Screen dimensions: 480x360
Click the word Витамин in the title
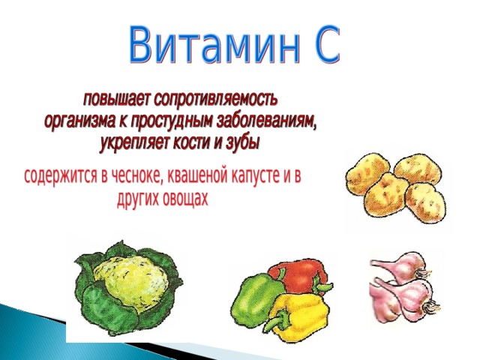[x=214, y=45]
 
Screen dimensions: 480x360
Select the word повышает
[x=116, y=100]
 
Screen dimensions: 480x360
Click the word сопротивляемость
[x=216, y=100]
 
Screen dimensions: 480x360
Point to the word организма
[x=79, y=121]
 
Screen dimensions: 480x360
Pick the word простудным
[x=172, y=121]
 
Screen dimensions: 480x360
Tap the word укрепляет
[x=135, y=143]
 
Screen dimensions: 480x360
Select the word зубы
[x=242, y=143]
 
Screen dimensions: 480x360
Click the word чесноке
[x=136, y=177]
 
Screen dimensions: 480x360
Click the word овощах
[x=185, y=198]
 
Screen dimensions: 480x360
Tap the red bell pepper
[x=298, y=277]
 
